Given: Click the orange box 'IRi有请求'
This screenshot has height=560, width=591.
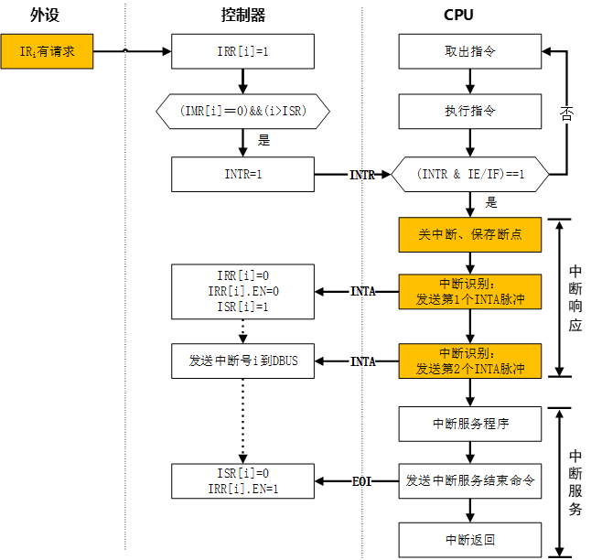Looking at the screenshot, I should [47, 51].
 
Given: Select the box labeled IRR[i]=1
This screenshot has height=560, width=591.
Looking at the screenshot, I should [242, 51].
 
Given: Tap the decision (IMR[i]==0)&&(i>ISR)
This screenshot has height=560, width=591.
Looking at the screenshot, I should [242, 111].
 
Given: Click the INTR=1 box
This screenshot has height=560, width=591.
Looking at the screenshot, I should [242, 174].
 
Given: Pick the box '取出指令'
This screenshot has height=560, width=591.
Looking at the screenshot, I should [469, 51].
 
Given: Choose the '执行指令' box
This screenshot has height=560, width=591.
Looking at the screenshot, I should [469, 111].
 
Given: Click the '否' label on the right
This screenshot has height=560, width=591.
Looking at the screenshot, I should [567, 114].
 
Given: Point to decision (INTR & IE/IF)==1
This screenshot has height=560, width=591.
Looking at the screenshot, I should [469, 174].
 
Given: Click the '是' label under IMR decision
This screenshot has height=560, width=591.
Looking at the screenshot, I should [263, 141].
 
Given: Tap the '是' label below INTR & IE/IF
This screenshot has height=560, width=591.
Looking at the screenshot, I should [491, 203].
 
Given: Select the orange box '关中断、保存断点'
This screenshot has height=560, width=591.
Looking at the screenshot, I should [469, 234].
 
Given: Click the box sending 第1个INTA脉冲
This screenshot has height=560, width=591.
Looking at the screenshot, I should [469, 291].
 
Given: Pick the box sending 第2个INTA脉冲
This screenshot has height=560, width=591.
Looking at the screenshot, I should [469, 361].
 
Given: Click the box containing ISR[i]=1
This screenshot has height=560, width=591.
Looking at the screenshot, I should [242, 291].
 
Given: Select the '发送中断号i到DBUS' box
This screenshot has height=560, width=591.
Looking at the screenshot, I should [242, 361].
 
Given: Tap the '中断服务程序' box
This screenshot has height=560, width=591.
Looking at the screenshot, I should [469, 424].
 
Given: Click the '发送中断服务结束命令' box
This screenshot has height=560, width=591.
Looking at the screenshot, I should [469, 480].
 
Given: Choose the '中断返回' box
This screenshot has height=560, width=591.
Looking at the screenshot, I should [469, 540].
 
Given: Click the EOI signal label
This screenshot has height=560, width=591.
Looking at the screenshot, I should [361, 481].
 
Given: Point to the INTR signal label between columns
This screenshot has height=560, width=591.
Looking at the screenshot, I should [361, 174].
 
